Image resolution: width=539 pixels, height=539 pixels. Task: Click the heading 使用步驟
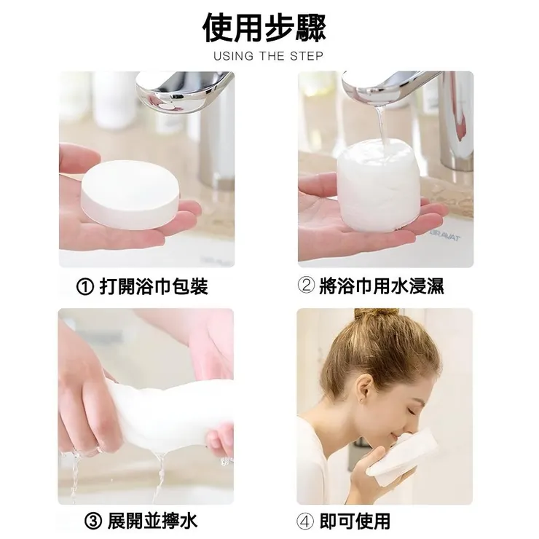pyautogui.click(x=264, y=28)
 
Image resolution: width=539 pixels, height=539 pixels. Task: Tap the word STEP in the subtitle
pyautogui.click(x=306, y=55)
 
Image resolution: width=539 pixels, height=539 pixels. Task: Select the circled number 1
pyautogui.click(x=85, y=288)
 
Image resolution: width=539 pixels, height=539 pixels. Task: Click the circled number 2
pyautogui.click(x=306, y=286)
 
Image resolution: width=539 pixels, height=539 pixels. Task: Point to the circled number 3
pyautogui.click(x=93, y=522)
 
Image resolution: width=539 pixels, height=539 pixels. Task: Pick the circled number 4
pyautogui.click(x=305, y=522)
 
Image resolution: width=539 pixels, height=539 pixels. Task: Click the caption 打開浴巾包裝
pyautogui.click(x=154, y=287)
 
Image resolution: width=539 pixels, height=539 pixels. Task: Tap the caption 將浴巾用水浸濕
pyautogui.click(x=382, y=286)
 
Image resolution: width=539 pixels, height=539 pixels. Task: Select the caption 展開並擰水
pyautogui.click(x=152, y=522)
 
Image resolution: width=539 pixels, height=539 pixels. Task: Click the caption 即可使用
pyautogui.click(x=355, y=522)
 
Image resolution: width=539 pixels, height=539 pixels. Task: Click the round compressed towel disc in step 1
pyautogui.click(x=130, y=194)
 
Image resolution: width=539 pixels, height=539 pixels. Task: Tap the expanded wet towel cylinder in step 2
pyautogui.click(x=379, y=186)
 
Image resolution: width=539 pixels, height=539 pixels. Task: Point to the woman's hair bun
pyautogui.click(x=376, y=314)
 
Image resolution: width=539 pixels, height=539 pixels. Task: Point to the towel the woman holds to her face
pyautogui.click(x=402, y=454)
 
